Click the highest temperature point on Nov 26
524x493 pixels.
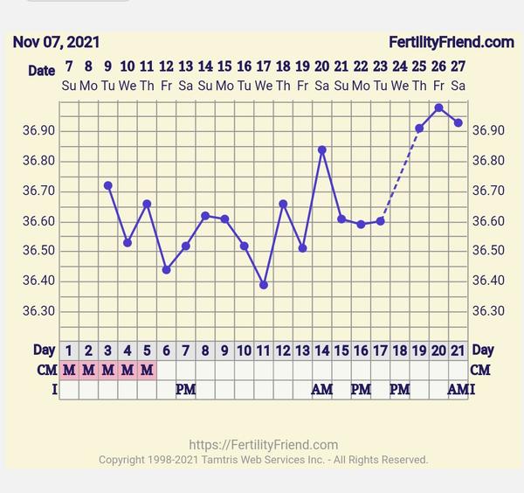pyautogui.click(x=438, y=108)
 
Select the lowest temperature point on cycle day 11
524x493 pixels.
pyautogui.click(x=264, y=285)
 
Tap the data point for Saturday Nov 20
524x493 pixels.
pyautogui.click(x=322, y=149)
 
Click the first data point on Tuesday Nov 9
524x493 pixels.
pyautogui.click(x=107, y=185)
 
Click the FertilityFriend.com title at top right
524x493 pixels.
pyautogui.click(x=451, y=42)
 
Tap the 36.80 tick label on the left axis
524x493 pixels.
pyautogui.click(x=38, y=161)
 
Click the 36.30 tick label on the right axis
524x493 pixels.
pyautogui.click(x=488, y=311)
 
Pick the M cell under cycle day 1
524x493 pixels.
pyautogui.click(x=69, y=370)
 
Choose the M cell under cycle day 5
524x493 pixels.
pyautogui.click(x=147, y=370)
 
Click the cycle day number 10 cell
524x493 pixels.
pyautogui.click(x=245, y=351)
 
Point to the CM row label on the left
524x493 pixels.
pyautogui.click(x=45, y=370)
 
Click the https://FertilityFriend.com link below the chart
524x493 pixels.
pyautogui.click(x=263, y=445)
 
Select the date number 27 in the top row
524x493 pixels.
pyautogui.click(x=458, y=66)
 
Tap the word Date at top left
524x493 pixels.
pyautogui.click(x=41, y=71)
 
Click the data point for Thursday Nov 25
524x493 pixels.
pyautogui.click(x=419, y=128)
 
